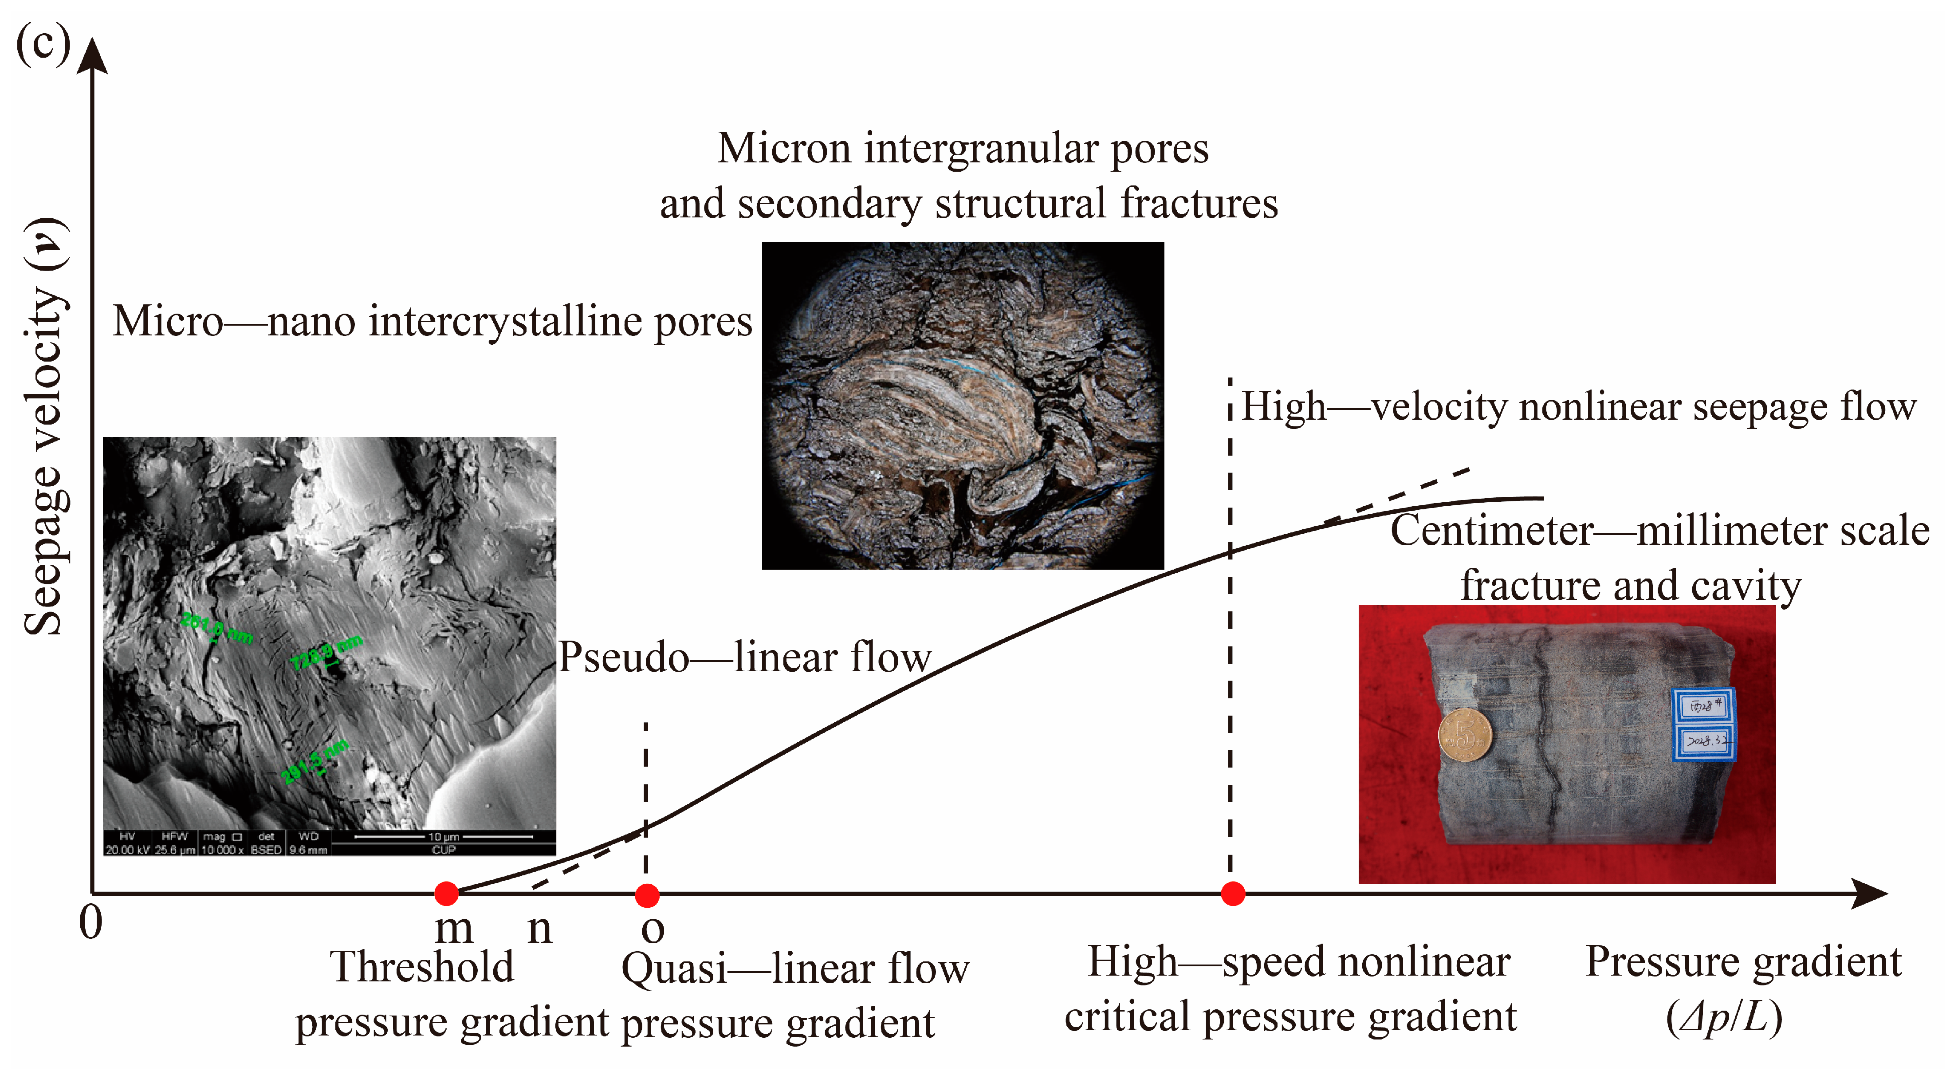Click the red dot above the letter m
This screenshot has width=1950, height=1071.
(x=447, y=894)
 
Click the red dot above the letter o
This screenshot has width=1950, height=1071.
(x=646, y=895)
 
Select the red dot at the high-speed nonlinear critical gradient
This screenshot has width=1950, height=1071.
(x=1233, y=894)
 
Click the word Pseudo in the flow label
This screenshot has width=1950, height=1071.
(x=623, y=657)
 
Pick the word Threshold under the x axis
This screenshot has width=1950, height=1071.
(x=422, y=967)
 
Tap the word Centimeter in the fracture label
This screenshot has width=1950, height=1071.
(x=1491, y=530)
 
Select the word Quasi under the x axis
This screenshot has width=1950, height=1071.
(x=674, y=969)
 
